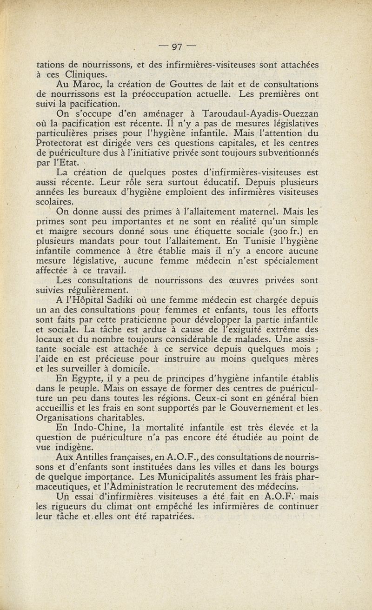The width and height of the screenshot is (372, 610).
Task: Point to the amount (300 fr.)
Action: [278, 231]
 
